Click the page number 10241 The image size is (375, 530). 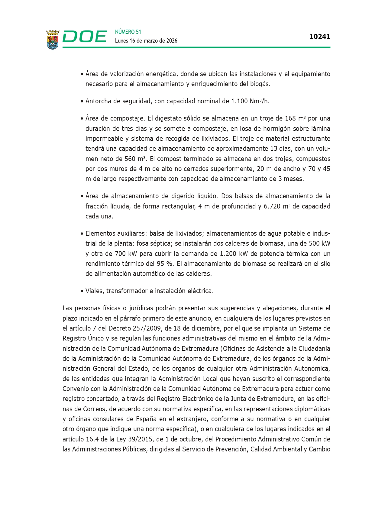pyautogui.click(x=319, y=37)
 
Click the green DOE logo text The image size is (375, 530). pyautogui.click(x=85, y=37)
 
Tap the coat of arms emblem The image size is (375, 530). pyautogui.click(x=53, y=39)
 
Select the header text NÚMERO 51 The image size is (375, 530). pyautogui.click(x=128, y=32)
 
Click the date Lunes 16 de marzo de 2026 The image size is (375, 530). pyautogui.click(x=146, y=41)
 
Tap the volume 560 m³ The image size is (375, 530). pyautogui.click(x=135, y=159)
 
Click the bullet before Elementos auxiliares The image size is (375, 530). pyautogui.click(x=82, y=234)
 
